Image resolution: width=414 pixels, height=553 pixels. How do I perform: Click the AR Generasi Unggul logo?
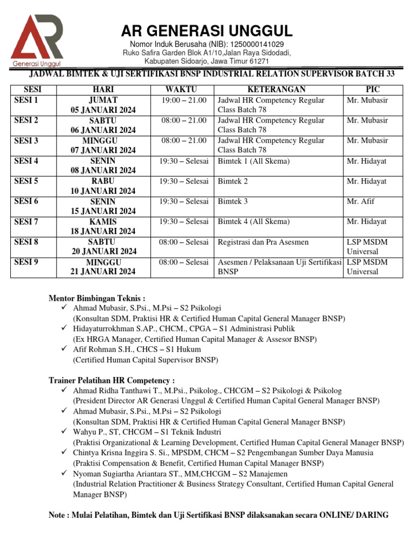click(x=37, y=39)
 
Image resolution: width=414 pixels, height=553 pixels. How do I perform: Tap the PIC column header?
click(x=372, y=89)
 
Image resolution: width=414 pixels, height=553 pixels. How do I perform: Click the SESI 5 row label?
click(x=26, y=181)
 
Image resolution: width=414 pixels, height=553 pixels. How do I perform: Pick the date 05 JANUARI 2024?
click(x=103, y=110)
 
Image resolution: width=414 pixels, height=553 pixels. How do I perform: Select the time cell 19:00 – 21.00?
click(x=184, y=100)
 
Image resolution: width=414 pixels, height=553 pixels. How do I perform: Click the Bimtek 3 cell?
click(x=233, y=201)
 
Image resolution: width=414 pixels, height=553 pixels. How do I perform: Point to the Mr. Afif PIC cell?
click(x=361, y=201)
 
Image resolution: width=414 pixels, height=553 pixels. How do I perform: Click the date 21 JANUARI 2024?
click(x=103, y=272)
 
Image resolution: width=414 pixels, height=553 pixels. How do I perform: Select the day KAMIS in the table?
click(x=103, y=221)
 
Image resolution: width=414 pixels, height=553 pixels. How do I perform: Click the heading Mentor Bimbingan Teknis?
click(x=97, y=298)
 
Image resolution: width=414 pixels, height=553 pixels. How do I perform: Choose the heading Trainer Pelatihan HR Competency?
click(x=112, y=380)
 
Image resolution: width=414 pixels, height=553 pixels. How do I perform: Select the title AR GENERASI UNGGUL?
click(x=207, y=30)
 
